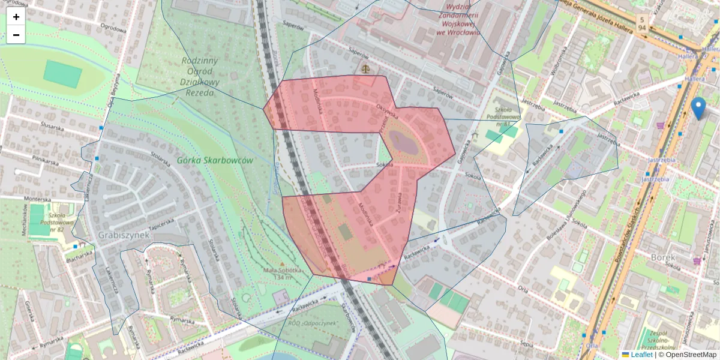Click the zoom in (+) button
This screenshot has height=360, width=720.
(16, 17)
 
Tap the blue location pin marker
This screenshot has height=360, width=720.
(698, 108)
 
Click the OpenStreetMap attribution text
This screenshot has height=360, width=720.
(691, 355)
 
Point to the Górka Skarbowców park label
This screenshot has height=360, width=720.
(215, 161)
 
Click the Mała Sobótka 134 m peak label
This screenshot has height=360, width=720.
(281, 274)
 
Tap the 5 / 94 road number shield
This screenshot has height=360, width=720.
(642, 23)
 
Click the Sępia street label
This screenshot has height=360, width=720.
(527, 344)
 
